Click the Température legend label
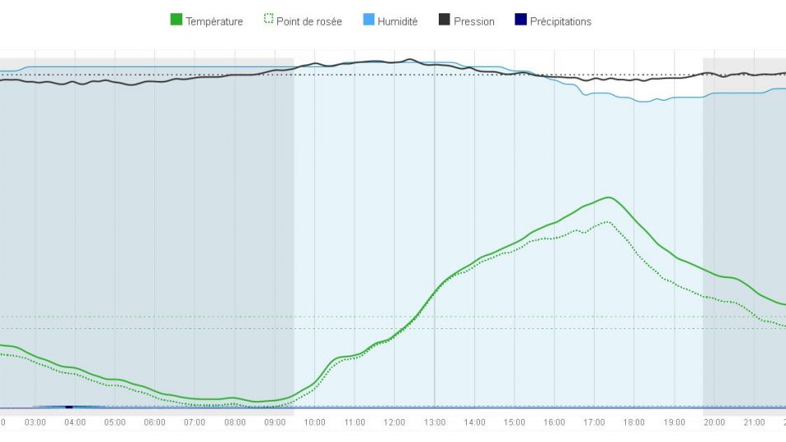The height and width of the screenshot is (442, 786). click(x=214, y=21)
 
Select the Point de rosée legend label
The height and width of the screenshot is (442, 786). click(x=309, y=21)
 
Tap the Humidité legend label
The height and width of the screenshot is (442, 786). click(x=398, y=21)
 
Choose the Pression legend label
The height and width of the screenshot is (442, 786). click(x=474, y=21)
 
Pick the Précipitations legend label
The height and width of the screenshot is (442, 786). click(x=561, y=21)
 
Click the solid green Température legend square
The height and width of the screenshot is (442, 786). click(x=176, y=21)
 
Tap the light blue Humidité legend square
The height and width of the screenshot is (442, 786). click(x=369, y=21)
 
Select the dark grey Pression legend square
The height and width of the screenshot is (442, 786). click(x=445, y=21)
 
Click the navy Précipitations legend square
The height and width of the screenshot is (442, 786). click(x=520, y=21)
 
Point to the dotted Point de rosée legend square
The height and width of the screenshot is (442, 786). click(x=268, y=21)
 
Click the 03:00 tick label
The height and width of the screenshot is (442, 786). click(x=35, y=422)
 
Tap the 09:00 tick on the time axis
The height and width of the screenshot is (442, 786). click(x=275, y=422)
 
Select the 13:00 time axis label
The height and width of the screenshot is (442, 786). click(x=435, y=422)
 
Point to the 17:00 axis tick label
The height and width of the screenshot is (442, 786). click(x=595, y=422)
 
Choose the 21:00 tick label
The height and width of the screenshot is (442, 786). click(x=755, y=422)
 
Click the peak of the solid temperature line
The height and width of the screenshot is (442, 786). click(x=609, y=197)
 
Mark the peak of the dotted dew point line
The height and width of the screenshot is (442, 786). click(x=608, y=222)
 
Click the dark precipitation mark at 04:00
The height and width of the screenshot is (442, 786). click(x=69, y=407)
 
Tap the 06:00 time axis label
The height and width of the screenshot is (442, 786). click(x=155, y=422)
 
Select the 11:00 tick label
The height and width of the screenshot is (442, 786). click(x=355, y=422)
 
